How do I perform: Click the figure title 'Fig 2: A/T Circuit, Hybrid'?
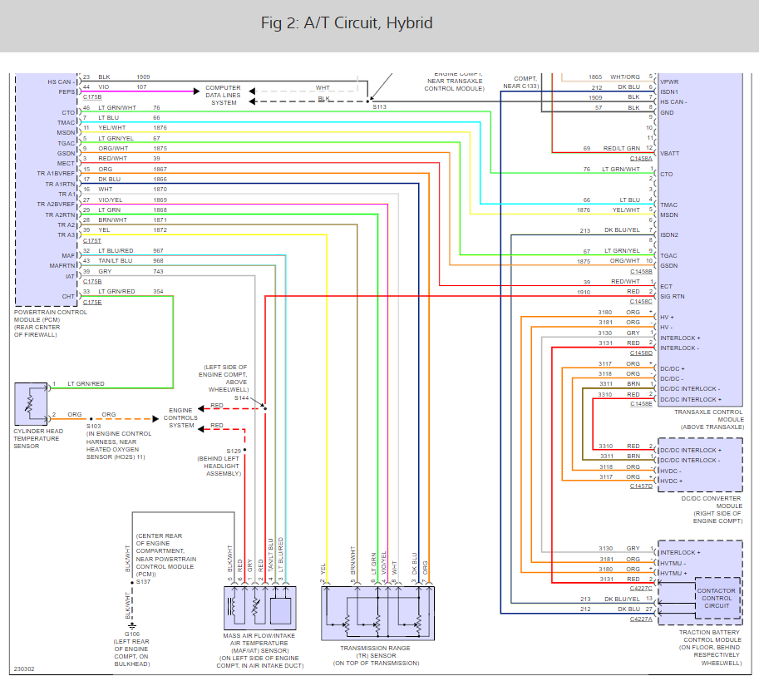[347, 23]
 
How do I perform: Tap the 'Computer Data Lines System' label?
[223, 95]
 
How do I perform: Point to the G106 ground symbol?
[133, 624]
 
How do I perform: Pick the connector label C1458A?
[641, 158]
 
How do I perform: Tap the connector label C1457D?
[641, 486]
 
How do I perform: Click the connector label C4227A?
[641, 619]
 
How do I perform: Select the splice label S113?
[379, 107]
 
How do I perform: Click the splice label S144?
[242, 398]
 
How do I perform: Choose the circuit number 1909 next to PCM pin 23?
[143, 77]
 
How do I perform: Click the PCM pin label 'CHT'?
[69, 295]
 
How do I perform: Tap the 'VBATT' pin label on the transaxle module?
[669, 154]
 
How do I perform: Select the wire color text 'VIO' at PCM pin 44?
[104, 87]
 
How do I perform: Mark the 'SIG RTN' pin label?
[672, 296]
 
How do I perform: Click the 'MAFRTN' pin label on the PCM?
[62, 265]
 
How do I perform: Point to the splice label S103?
[93, 426]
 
